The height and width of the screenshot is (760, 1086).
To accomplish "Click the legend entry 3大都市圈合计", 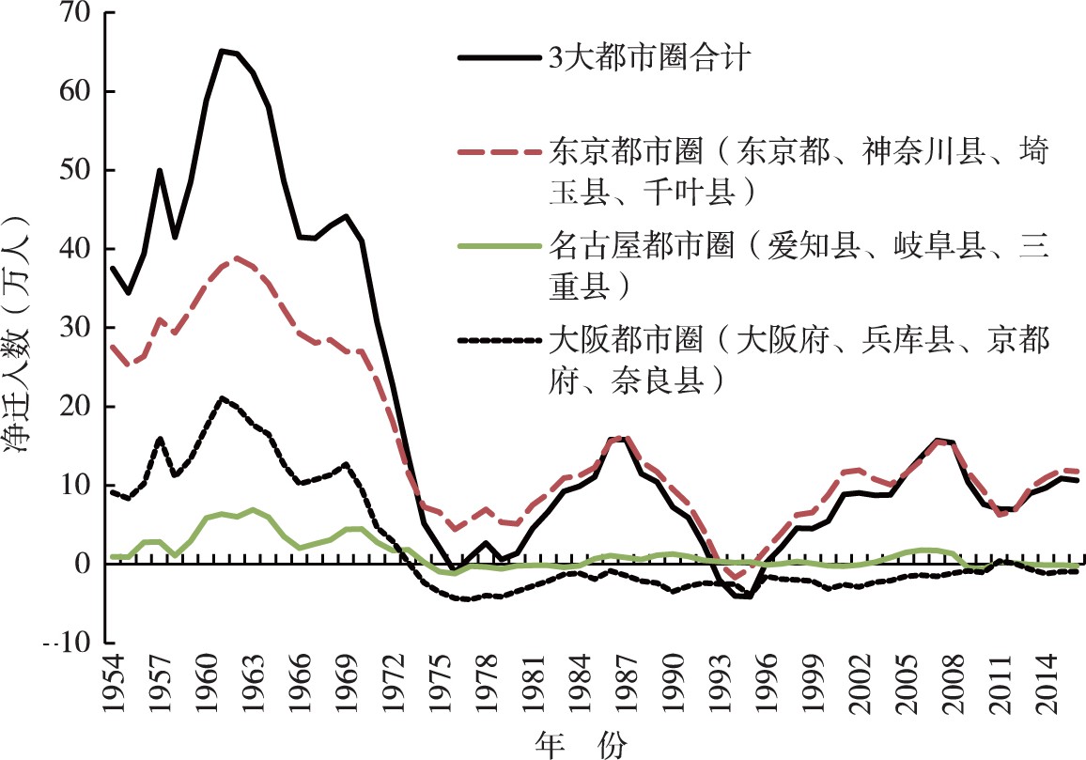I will pos(648,58).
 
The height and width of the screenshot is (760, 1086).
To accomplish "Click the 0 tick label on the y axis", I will pos(83,565).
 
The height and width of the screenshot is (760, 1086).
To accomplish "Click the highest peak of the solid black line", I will pos(222,51).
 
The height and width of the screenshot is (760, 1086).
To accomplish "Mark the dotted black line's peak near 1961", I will pos(222,398).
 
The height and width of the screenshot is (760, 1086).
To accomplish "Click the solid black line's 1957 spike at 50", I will pos(160,170).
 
